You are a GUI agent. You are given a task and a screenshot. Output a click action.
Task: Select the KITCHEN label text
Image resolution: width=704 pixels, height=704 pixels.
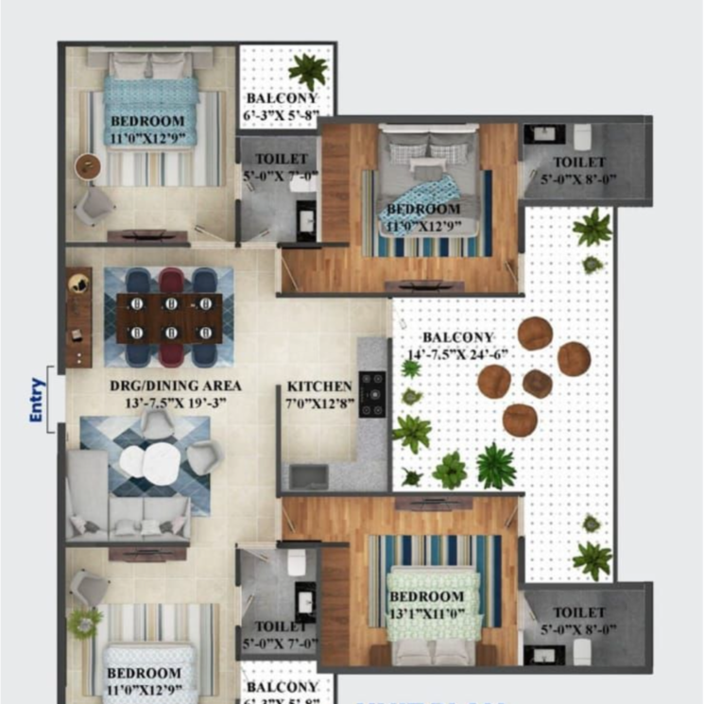[319, 386]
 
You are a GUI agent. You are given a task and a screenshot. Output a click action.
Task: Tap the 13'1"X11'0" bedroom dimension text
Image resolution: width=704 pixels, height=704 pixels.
[426, 613]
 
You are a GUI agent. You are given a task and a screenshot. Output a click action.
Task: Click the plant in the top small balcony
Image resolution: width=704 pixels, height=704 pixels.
[308, 69]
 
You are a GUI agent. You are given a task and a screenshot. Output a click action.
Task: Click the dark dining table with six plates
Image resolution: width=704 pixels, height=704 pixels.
[169, 318]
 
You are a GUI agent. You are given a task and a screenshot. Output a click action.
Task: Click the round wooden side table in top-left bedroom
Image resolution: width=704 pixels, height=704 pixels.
[89, 165]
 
